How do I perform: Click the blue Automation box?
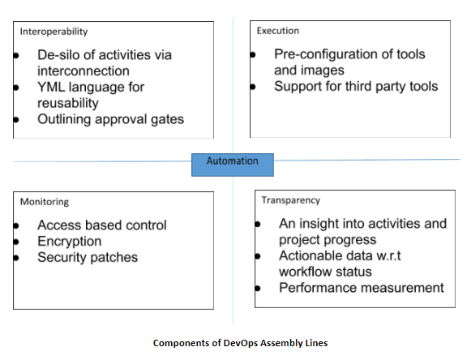click(232, 162)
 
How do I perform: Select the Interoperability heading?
click(54, 32)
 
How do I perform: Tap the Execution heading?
click(277, 31)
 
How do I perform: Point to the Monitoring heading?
click(45, 201)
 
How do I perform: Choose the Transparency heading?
click(290, 199)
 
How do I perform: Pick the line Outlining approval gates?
click(110, 119)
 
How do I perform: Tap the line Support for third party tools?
click(355, 86)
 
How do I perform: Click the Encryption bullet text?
click(70, 241)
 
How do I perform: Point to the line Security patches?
click(88, 257)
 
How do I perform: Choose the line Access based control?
click(101, 225)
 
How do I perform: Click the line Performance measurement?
click(361, 287)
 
